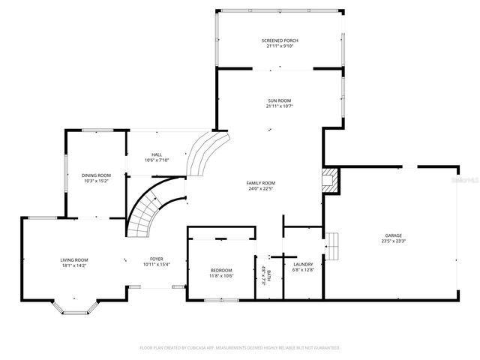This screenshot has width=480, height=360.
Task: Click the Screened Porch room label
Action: tap(279, 40)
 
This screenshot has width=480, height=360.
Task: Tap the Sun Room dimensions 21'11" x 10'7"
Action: tap(279, 106)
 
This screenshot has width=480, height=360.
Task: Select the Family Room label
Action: tap(261, 183)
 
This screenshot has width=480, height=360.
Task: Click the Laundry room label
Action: tap(303, 264)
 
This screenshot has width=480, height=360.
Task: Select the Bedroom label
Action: tap(220, 270)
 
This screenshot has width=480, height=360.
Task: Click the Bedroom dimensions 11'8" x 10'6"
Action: tap(220, 276)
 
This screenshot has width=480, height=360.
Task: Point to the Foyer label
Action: tap(156, 259)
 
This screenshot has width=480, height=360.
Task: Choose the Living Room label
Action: tap(74, 259)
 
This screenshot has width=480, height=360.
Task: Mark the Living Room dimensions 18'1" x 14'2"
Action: tap(74, 265)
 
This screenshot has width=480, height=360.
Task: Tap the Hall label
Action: tap(156, 154)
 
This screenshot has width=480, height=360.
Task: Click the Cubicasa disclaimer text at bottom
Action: tap(240, 348)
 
